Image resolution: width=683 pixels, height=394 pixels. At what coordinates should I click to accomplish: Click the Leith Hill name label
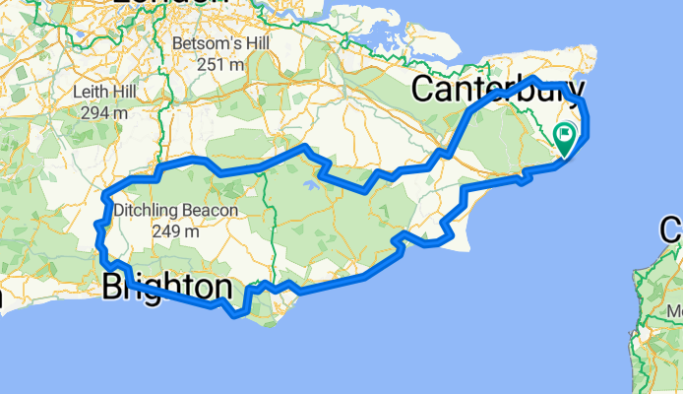pyautogui.click(x=102, y=94)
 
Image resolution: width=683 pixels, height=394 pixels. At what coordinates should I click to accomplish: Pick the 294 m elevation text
pyautogui.click(x=102, y=113)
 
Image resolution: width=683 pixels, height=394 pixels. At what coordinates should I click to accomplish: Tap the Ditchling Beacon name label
pyautogui.click(x=175, y=211)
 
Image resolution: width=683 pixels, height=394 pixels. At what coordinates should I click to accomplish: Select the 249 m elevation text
pyautogui.click(x=175, y=231)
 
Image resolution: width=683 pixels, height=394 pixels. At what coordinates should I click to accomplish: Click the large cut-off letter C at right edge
pyautogui.click(x=672, y=232)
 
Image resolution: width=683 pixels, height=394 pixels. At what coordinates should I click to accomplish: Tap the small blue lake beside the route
pyautogui.click(x=311, y=182)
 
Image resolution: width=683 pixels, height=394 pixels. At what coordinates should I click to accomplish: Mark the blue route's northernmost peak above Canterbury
pyautogui.click(x=534, y=78)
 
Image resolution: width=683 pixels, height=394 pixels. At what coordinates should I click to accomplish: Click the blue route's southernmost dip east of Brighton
pyautogui.click(x=235, y=315)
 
